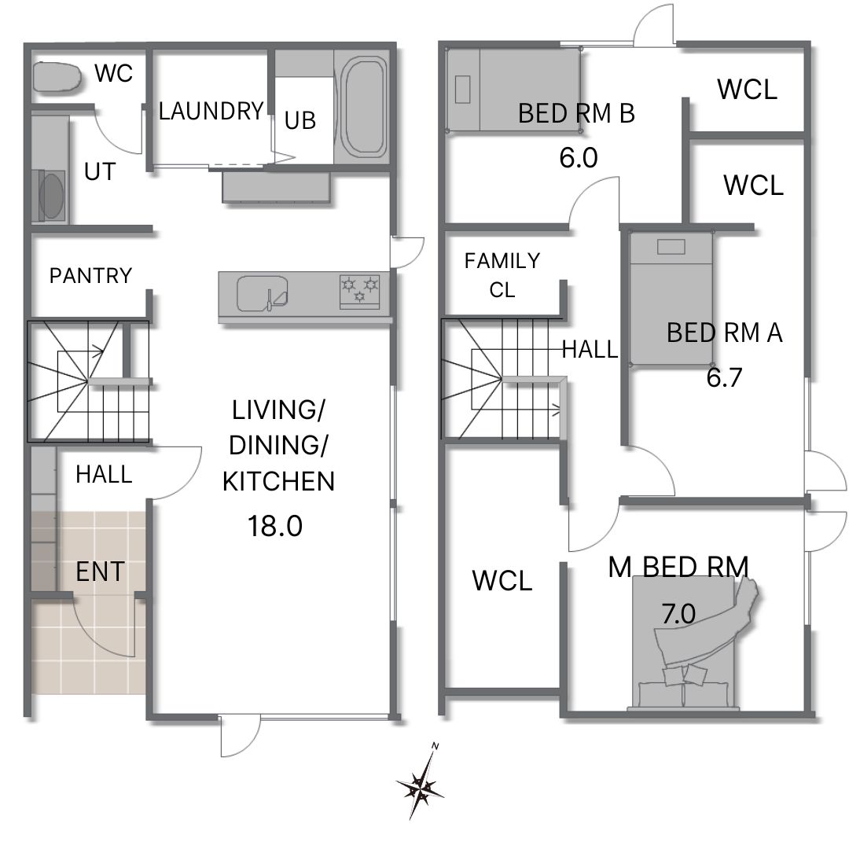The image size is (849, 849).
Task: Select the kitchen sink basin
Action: [x=262, y=293]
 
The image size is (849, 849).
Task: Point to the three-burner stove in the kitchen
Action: [x=359, y=291]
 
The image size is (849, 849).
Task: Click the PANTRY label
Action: [x=90, y=276]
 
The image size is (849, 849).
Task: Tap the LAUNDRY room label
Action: [x=211, y=111]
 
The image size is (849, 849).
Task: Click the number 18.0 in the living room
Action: [x=275, y=525]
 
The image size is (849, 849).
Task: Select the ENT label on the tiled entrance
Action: [x=100, y=572]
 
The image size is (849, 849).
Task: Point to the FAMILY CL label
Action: [x=502, y=275]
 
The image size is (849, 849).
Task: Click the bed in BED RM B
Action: [x=513, y=90]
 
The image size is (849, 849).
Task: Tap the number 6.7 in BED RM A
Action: [x=724, y=377]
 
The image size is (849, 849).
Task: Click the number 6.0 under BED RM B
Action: [x=579, y=158]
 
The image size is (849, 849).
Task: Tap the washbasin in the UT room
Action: [x=51, y=196]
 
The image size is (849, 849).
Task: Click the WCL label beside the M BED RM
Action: [x=502, y=581]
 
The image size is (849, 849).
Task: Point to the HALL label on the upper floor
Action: [x=590, y=349]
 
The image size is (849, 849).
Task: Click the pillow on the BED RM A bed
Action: [x=671, y=247]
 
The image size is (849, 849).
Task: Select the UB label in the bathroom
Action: [x=300, y=120]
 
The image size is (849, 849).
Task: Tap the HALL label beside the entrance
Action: [x=104, y=474]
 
